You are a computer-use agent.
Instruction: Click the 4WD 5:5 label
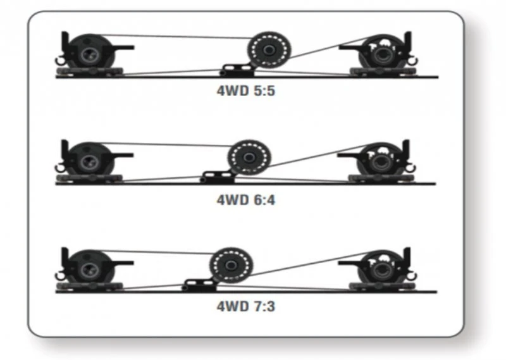(246, 90)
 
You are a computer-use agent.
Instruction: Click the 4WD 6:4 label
(246, 199)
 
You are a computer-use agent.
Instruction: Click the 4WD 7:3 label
(246, 307)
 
